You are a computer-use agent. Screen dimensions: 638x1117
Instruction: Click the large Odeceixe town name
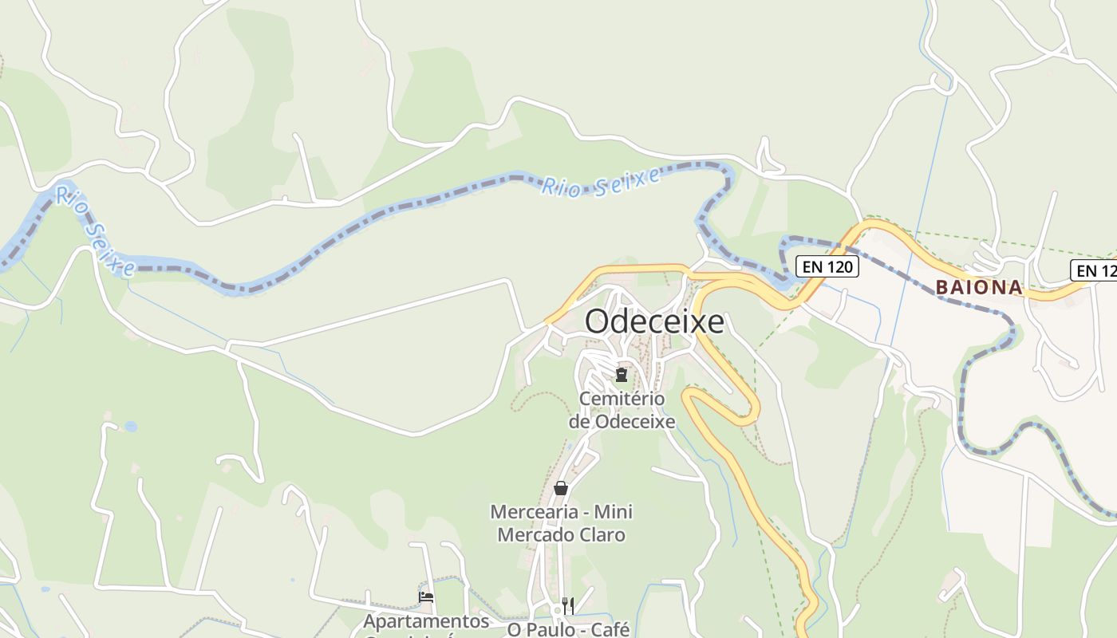[654, 321]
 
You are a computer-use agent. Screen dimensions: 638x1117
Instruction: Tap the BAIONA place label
[979, 287]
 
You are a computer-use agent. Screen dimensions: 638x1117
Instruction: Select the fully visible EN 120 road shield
[827, 266]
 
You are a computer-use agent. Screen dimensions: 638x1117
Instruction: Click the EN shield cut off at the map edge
[1095, 270]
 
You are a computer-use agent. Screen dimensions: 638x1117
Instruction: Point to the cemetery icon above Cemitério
[622, 374]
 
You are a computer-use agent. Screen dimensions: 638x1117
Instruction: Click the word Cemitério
[622, 399]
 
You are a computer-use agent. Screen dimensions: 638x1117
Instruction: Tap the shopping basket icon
[561, 488]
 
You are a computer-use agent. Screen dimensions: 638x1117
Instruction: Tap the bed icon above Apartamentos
[426, 597]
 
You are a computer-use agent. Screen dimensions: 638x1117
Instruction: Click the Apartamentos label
[426, 620]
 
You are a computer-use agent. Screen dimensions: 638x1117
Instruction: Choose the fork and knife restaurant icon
[568, 605]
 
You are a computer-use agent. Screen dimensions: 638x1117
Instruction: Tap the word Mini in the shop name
[614, 512]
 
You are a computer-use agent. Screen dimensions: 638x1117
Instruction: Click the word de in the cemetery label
[579, 421]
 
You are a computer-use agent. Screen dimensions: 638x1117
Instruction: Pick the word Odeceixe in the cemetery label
[635, 421]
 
